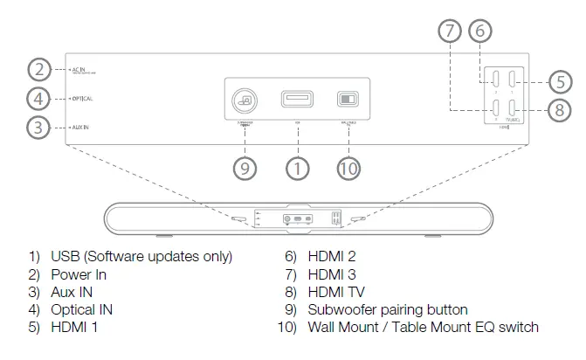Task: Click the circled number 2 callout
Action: (38, 69)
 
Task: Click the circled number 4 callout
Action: (38, 98)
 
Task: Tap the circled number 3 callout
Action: (38, 128)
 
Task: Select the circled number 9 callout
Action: (246, 169)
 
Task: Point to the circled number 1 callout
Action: (299, 169)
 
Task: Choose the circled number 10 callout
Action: (348, 169)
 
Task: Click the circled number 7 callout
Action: (449, 31)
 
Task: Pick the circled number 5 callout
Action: (560, 82)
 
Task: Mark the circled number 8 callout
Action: (560, 111)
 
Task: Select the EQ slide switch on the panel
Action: (348, 100)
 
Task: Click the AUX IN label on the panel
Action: (80, 128)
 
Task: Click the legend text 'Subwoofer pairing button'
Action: (388, 310)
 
